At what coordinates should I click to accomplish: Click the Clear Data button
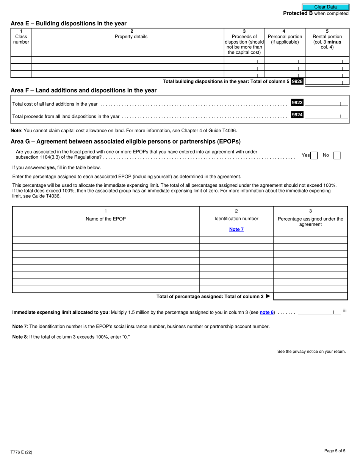326,7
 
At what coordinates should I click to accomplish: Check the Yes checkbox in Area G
314,155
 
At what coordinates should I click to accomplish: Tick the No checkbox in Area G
337,155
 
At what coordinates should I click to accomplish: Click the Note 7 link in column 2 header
236,229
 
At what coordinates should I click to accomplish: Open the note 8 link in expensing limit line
267,313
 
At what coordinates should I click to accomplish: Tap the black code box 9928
297,81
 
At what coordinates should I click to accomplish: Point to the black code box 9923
297,103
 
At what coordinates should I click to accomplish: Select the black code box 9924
297,115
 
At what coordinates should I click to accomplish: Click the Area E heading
69,23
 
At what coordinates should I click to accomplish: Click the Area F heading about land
83,91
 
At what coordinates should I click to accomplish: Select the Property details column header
131,37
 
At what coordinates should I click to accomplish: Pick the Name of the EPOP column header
106,219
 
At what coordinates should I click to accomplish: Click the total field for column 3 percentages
310,297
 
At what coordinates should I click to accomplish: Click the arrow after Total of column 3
268,297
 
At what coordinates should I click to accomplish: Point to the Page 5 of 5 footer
335,451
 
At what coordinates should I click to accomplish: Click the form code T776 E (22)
21,452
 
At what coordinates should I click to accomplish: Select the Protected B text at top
298,13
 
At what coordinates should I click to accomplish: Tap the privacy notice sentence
311,352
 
